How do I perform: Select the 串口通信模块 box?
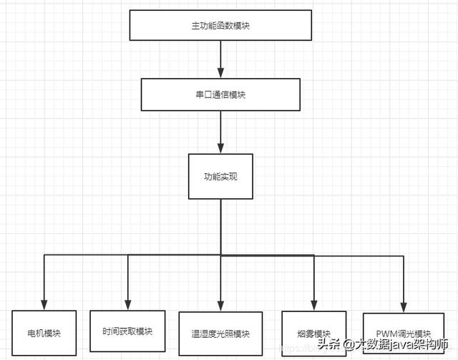coord(220,94)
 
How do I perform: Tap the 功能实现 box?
coord(220,176)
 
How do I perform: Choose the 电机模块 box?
coord(44,334)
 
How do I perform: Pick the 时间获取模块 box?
coord(127,332)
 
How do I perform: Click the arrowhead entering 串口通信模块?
coord(220,74)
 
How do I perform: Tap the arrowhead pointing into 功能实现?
coord(220,148)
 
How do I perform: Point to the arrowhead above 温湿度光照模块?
coord(220,305)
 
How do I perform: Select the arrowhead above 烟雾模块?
coord(314,305)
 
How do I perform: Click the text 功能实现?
coord(220,176)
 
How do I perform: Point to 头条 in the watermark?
coord(327,344)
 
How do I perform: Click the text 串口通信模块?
coord(220,94)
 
